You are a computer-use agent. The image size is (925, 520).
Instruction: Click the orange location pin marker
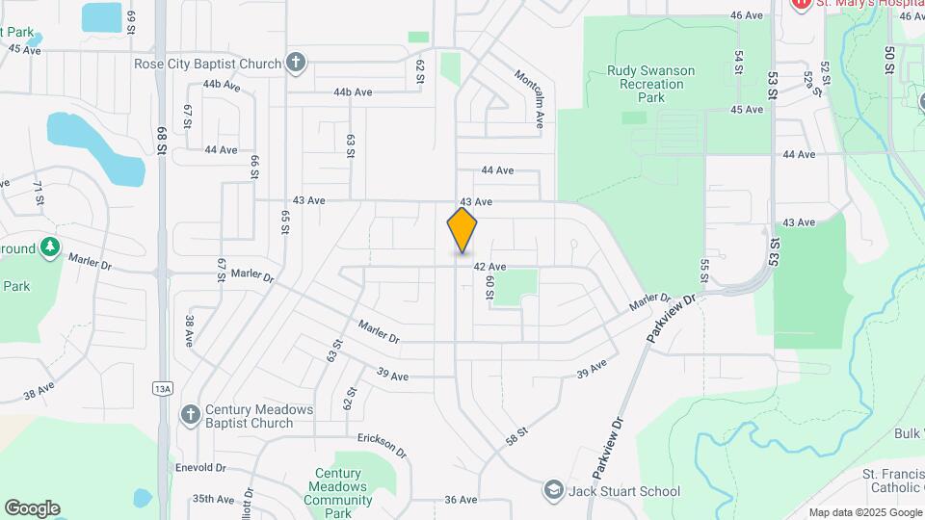(x=462, y=229)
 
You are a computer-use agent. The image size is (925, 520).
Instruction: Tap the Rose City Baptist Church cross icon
(x=296, y=64)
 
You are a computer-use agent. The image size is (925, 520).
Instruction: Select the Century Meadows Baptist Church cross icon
(x=191, y=415)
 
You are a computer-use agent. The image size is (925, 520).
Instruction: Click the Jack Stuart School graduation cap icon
(x=553, y=490)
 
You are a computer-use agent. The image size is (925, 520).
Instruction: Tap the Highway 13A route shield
(x=161, y=388)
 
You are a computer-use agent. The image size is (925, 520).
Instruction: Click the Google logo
(x=32, y=508)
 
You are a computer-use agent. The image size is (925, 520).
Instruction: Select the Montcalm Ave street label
(x=531, y=98)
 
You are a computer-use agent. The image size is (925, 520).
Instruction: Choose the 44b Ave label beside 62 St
(x=353, y=92)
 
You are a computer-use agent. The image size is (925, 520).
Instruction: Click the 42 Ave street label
(x=489, y=267)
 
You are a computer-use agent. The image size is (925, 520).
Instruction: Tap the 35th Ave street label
(x=214, y=499)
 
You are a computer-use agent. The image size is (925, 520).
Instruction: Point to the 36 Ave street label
(x=462, y=500)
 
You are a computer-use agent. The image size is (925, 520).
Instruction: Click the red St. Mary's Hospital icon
(x=800, y=5)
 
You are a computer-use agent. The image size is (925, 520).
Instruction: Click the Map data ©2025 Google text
(x=864, y=512)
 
